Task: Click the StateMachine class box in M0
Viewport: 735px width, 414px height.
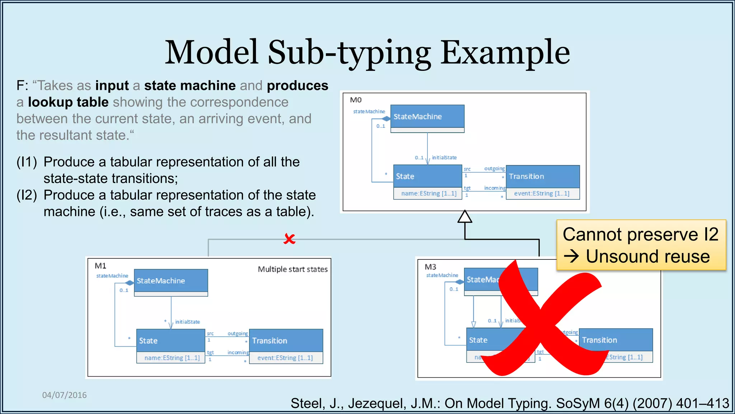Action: coord(427,116)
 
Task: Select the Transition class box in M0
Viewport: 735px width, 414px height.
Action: coord(543,176)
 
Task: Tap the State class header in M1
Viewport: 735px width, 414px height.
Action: coord(170,341)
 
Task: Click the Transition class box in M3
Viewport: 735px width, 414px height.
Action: coord(615,340)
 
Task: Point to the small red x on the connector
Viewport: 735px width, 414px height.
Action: coord(289,239)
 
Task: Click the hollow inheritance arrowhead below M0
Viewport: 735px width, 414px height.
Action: coord(465,217)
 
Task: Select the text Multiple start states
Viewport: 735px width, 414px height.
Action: coord(292,269)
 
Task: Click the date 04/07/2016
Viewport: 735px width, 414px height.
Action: coord(65,395)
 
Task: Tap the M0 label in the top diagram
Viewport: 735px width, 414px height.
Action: coord(356,100)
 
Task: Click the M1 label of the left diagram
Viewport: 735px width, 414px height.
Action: coord(100,266)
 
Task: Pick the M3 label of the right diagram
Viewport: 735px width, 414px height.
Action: coord(430,267)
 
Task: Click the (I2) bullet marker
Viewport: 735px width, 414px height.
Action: coord(27,195)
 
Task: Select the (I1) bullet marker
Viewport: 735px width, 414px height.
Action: coord(27,162)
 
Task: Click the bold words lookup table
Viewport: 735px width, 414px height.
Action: coord(68,102)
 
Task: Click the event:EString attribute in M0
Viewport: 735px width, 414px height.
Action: coord(542,193)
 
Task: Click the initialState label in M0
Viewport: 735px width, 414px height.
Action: coord(444,157)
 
